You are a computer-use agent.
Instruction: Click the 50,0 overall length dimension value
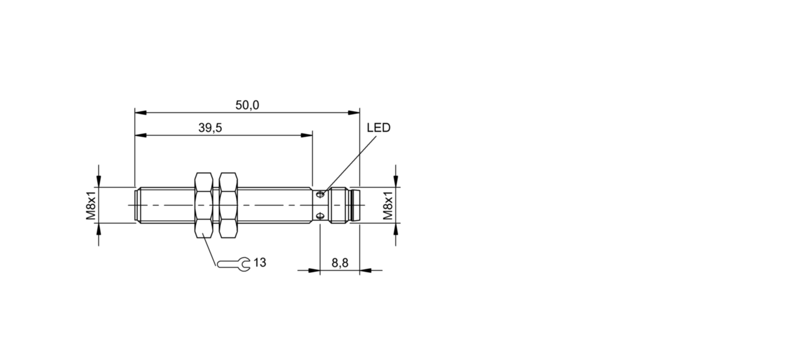click(x=247, y=105)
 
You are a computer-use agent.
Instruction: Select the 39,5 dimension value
click(x=210, y=128)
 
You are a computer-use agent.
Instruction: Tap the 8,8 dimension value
click(x=340, y=262)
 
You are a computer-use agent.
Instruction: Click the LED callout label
click(x=378, y=128)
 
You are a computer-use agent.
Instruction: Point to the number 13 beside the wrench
click(x=259, y=262)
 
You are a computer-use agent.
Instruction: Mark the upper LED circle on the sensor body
click(x=321, y=195)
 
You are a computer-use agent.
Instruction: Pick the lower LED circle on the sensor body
click(x=321, y=215)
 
